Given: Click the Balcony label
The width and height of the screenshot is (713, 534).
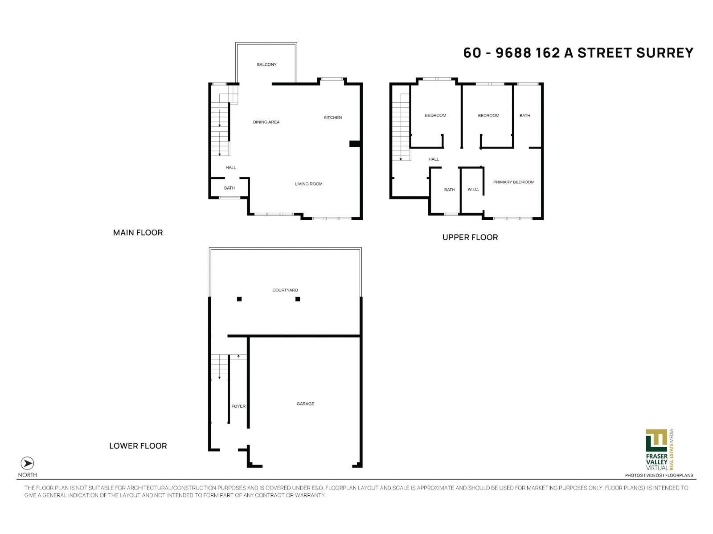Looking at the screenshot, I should coord(266,65).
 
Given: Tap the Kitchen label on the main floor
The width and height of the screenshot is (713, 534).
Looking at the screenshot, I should coord(332,117).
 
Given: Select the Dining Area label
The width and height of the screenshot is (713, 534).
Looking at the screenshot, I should coord(266,122).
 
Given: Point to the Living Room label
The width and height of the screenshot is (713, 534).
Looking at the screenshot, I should coord(308,184).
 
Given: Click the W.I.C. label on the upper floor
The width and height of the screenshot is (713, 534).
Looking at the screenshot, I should coord(473,190).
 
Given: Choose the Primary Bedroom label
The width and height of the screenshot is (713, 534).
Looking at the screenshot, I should coord(513,182).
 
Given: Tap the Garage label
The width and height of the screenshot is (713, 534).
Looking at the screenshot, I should coord(305,404).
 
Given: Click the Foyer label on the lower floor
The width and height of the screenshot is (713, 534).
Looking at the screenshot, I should coord(238,406).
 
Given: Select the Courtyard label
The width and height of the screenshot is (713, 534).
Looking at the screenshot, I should coord(285,290).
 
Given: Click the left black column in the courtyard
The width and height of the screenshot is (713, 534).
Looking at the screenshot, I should coord(239,299).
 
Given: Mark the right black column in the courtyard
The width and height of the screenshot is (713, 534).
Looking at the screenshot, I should coord(298,299).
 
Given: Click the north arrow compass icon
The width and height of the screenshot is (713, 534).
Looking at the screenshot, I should coord(27,463).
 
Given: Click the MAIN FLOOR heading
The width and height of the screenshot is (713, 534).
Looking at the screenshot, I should coord(138,232).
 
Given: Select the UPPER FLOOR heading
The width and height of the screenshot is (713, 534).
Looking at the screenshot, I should coord(470,237).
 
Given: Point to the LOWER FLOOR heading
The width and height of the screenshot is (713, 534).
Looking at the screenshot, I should coord(138,445).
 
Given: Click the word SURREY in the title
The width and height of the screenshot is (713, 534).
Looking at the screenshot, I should coord(664,53).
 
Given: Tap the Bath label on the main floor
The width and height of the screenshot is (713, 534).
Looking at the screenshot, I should coord(229,188).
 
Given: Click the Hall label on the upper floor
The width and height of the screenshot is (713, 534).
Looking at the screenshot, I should coord(434,159).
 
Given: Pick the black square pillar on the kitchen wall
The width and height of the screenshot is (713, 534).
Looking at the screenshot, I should coord(354,143).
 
